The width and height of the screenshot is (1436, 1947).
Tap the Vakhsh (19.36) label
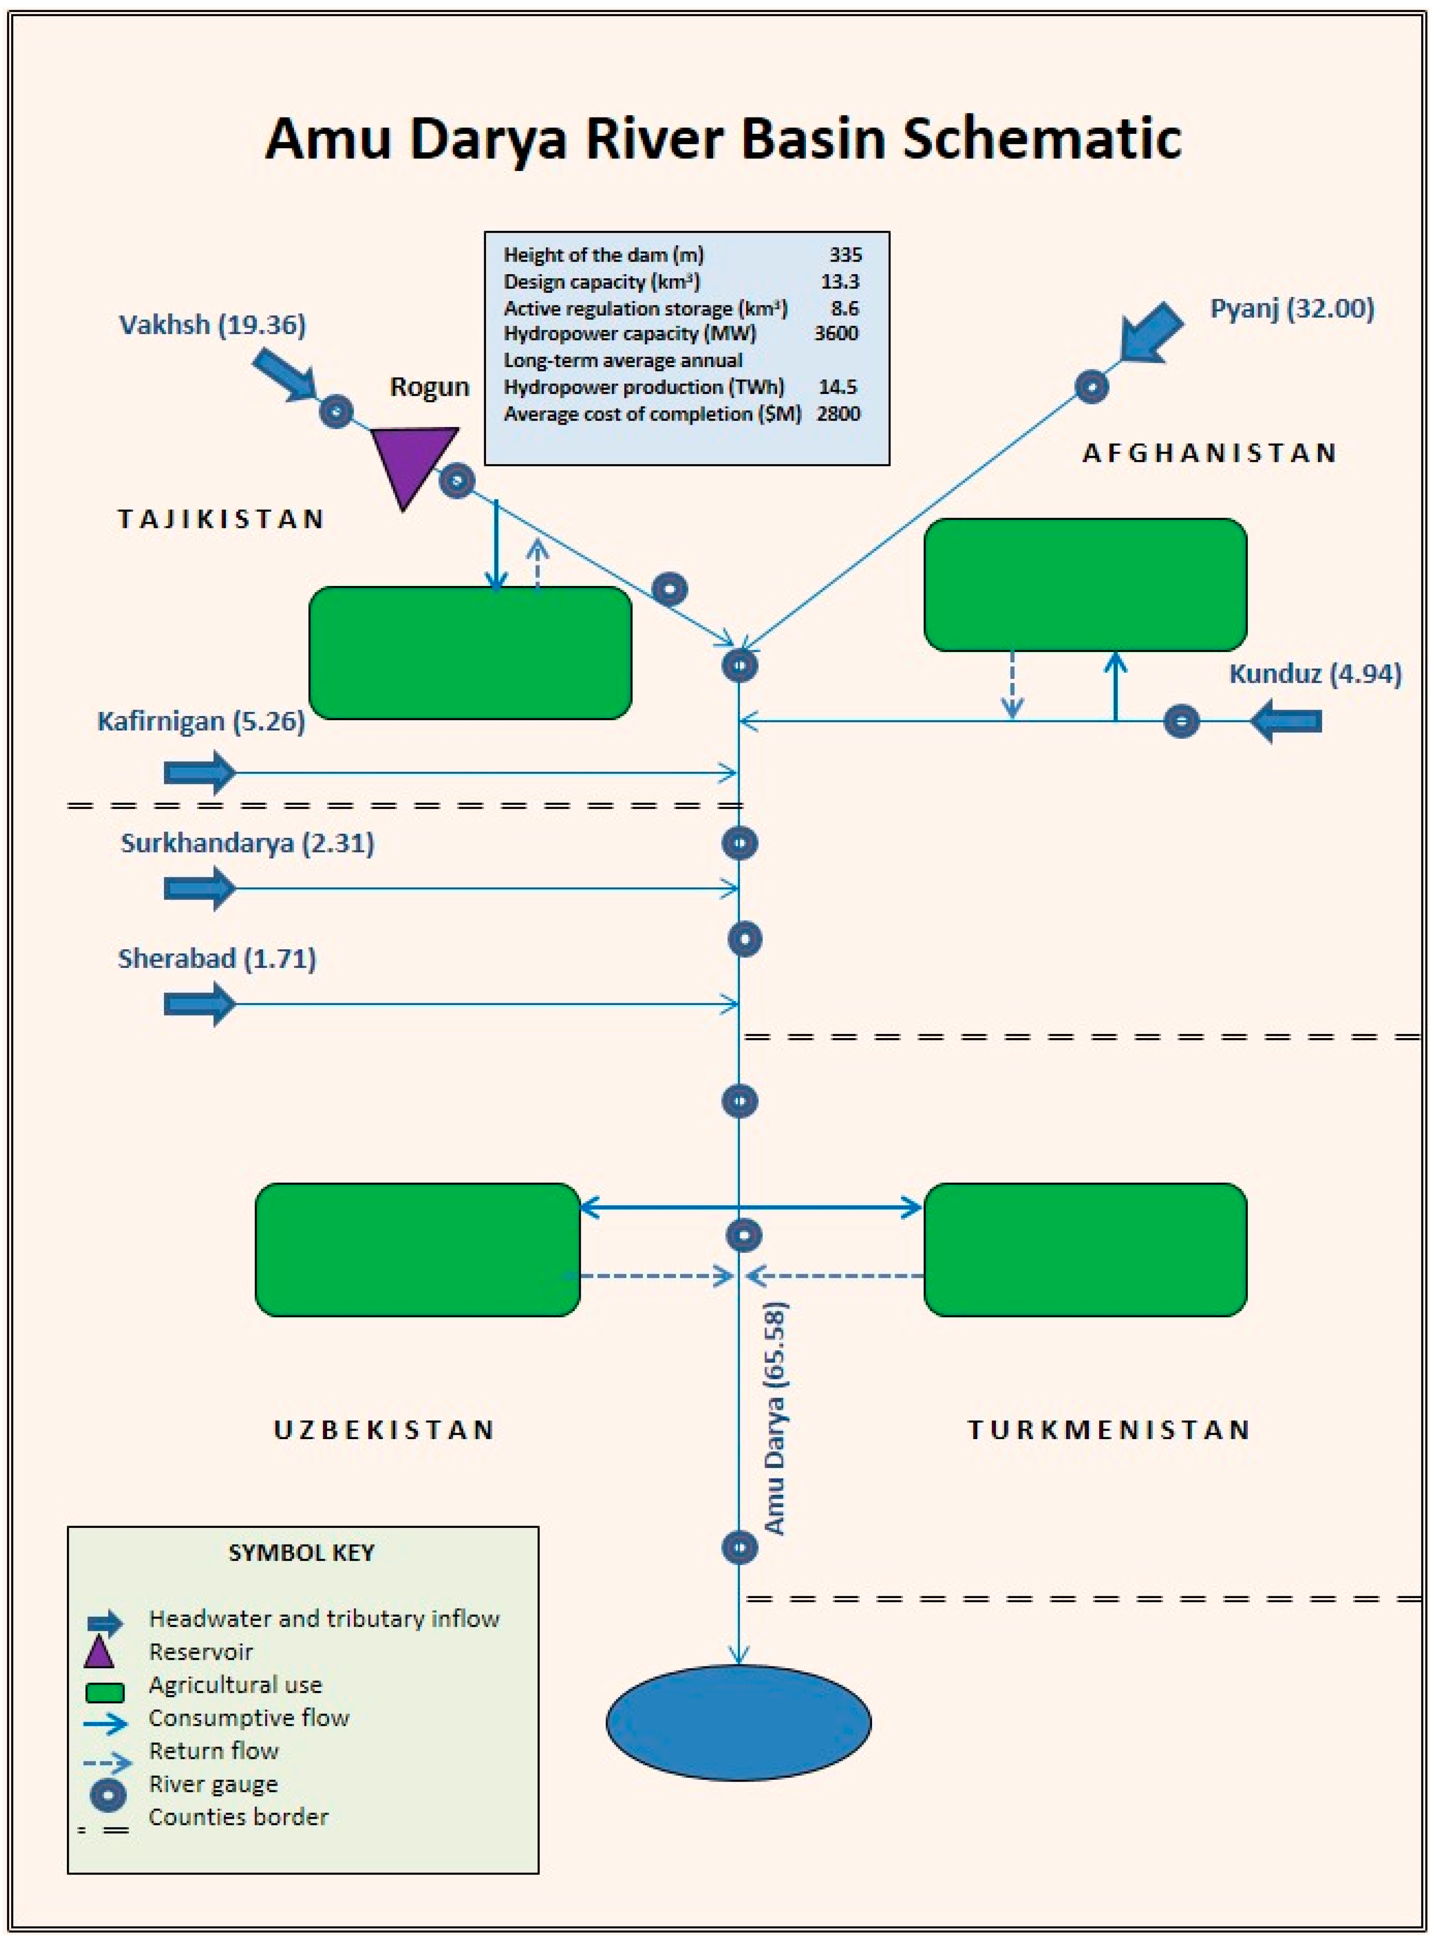(212, 325)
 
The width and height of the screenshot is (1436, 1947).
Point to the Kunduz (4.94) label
(1314, 674)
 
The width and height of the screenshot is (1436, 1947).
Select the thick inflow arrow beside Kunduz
(1286, 722)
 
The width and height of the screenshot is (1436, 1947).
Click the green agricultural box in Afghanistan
(1085, 584)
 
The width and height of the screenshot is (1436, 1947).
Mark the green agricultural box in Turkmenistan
(1085, 1249)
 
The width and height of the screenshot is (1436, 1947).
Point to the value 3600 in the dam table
(836, 334)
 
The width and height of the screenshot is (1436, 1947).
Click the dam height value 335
(845, 255)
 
